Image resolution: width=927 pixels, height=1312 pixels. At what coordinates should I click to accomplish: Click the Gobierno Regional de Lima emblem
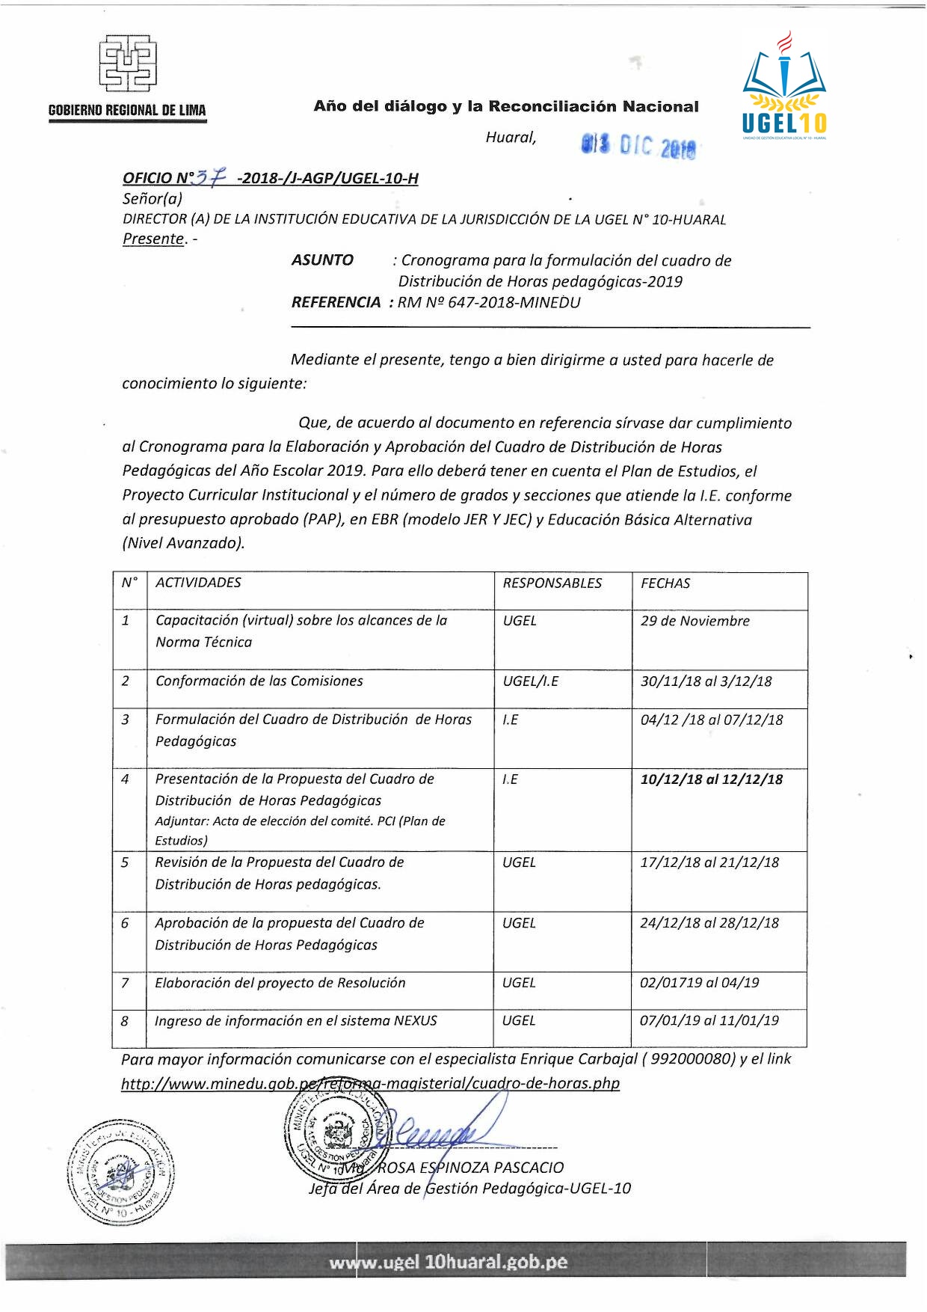pos(128,62)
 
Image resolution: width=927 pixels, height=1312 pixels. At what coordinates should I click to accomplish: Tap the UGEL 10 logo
pos(784,86)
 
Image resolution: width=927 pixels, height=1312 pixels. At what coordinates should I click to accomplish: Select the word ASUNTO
pos(322,260)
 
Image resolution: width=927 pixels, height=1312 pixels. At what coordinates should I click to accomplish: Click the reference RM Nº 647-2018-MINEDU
pos(489,302)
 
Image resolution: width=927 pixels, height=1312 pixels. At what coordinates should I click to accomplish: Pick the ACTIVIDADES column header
pos(198,583)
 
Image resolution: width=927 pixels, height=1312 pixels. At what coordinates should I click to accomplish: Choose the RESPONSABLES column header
pos(552,583)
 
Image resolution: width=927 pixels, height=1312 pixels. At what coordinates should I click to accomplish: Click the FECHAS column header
pos(665,583)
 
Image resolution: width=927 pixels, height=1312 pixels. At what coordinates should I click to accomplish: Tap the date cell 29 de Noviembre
pos(695,621)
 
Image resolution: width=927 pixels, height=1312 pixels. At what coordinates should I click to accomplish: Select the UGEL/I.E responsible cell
pos(530,681)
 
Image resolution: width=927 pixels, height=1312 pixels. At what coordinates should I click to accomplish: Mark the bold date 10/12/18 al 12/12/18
pos(711,779)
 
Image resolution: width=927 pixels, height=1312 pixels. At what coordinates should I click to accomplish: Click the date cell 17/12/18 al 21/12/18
pos(709,862)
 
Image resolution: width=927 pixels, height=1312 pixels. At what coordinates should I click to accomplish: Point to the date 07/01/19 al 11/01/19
pos(709,1020)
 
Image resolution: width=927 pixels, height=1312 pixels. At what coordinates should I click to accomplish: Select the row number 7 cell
pos(125,983)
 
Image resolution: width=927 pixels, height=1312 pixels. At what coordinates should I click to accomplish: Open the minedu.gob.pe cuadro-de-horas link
pos(370,1083)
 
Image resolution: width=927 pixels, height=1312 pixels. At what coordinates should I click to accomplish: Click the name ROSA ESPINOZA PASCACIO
pos(470,1168)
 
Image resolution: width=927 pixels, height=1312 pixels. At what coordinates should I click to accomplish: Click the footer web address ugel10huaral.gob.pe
pos(448,1263)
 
